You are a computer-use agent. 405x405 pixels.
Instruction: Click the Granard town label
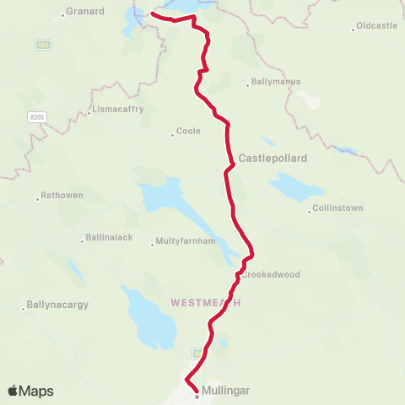pos(88,12)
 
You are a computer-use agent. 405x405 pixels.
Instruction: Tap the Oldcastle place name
pos(376,26)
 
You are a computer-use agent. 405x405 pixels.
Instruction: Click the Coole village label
pos(188,132)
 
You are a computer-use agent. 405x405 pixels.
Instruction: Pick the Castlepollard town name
pos(273,158)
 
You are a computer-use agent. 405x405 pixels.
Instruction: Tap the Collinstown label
pos(337,208)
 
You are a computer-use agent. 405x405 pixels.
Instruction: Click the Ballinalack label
pos(109,237)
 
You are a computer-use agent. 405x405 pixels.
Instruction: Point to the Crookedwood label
pos(271,275)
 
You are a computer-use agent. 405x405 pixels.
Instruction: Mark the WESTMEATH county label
pos(206,302)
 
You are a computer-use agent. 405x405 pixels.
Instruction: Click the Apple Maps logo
pos(30,391)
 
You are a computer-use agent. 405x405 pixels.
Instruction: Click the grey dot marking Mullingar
pos(197,394)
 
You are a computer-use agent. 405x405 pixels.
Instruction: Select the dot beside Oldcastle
pos(354,30)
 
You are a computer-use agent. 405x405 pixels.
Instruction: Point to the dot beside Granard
pos(64,16)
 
